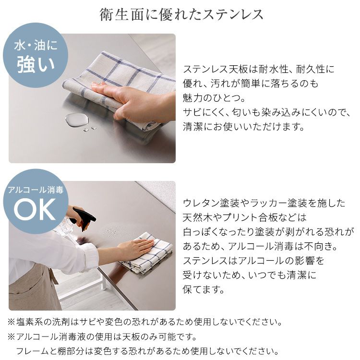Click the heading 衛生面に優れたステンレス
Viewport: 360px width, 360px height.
point(181,14)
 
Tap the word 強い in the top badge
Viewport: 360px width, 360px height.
point(36,65)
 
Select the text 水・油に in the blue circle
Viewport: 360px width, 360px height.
point(36,45)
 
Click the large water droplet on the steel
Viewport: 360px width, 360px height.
point(77,120)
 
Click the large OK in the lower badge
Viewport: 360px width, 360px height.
point(35,209)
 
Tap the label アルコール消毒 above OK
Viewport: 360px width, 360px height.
point(36,190)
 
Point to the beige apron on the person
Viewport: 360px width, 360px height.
point(32,289)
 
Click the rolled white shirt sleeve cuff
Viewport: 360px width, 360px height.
point(91,256)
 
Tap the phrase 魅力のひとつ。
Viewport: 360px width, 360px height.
point(214,98)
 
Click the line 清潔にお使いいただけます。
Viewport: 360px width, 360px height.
point(243,127)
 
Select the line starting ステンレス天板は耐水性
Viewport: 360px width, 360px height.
point(259,69)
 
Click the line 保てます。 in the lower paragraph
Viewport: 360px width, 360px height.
point(204,289)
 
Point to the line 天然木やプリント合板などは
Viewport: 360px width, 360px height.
point(245,217)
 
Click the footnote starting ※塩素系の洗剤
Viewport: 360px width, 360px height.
point(144,322)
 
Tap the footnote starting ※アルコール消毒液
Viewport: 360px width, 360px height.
point(102,337)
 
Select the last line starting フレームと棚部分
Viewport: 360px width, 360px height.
point(147,351)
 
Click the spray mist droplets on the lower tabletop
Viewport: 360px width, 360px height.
point(113,231)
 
